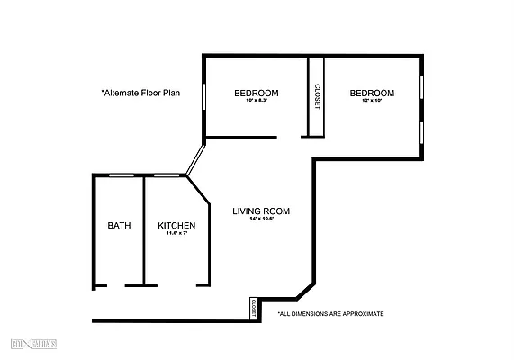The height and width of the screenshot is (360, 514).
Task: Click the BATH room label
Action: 119,226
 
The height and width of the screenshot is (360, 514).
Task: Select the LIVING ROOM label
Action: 260,211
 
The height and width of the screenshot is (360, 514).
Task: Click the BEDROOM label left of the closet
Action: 256,94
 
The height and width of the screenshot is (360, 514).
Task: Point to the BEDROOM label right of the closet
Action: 372,94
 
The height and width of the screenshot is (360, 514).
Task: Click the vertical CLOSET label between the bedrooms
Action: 317,97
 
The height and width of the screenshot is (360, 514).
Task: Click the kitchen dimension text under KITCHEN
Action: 176,234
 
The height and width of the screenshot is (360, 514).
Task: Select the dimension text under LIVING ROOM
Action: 261,220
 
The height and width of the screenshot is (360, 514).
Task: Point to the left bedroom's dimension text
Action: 256,101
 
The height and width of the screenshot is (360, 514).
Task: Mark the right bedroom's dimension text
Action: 372,101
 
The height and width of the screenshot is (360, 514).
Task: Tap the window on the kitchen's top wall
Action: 166,175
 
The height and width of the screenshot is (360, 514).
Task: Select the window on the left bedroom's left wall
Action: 203,96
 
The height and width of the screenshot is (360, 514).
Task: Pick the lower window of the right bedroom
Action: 421,131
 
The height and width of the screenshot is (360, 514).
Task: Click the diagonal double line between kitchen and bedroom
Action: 195,159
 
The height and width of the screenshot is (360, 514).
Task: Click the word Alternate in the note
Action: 124,92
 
